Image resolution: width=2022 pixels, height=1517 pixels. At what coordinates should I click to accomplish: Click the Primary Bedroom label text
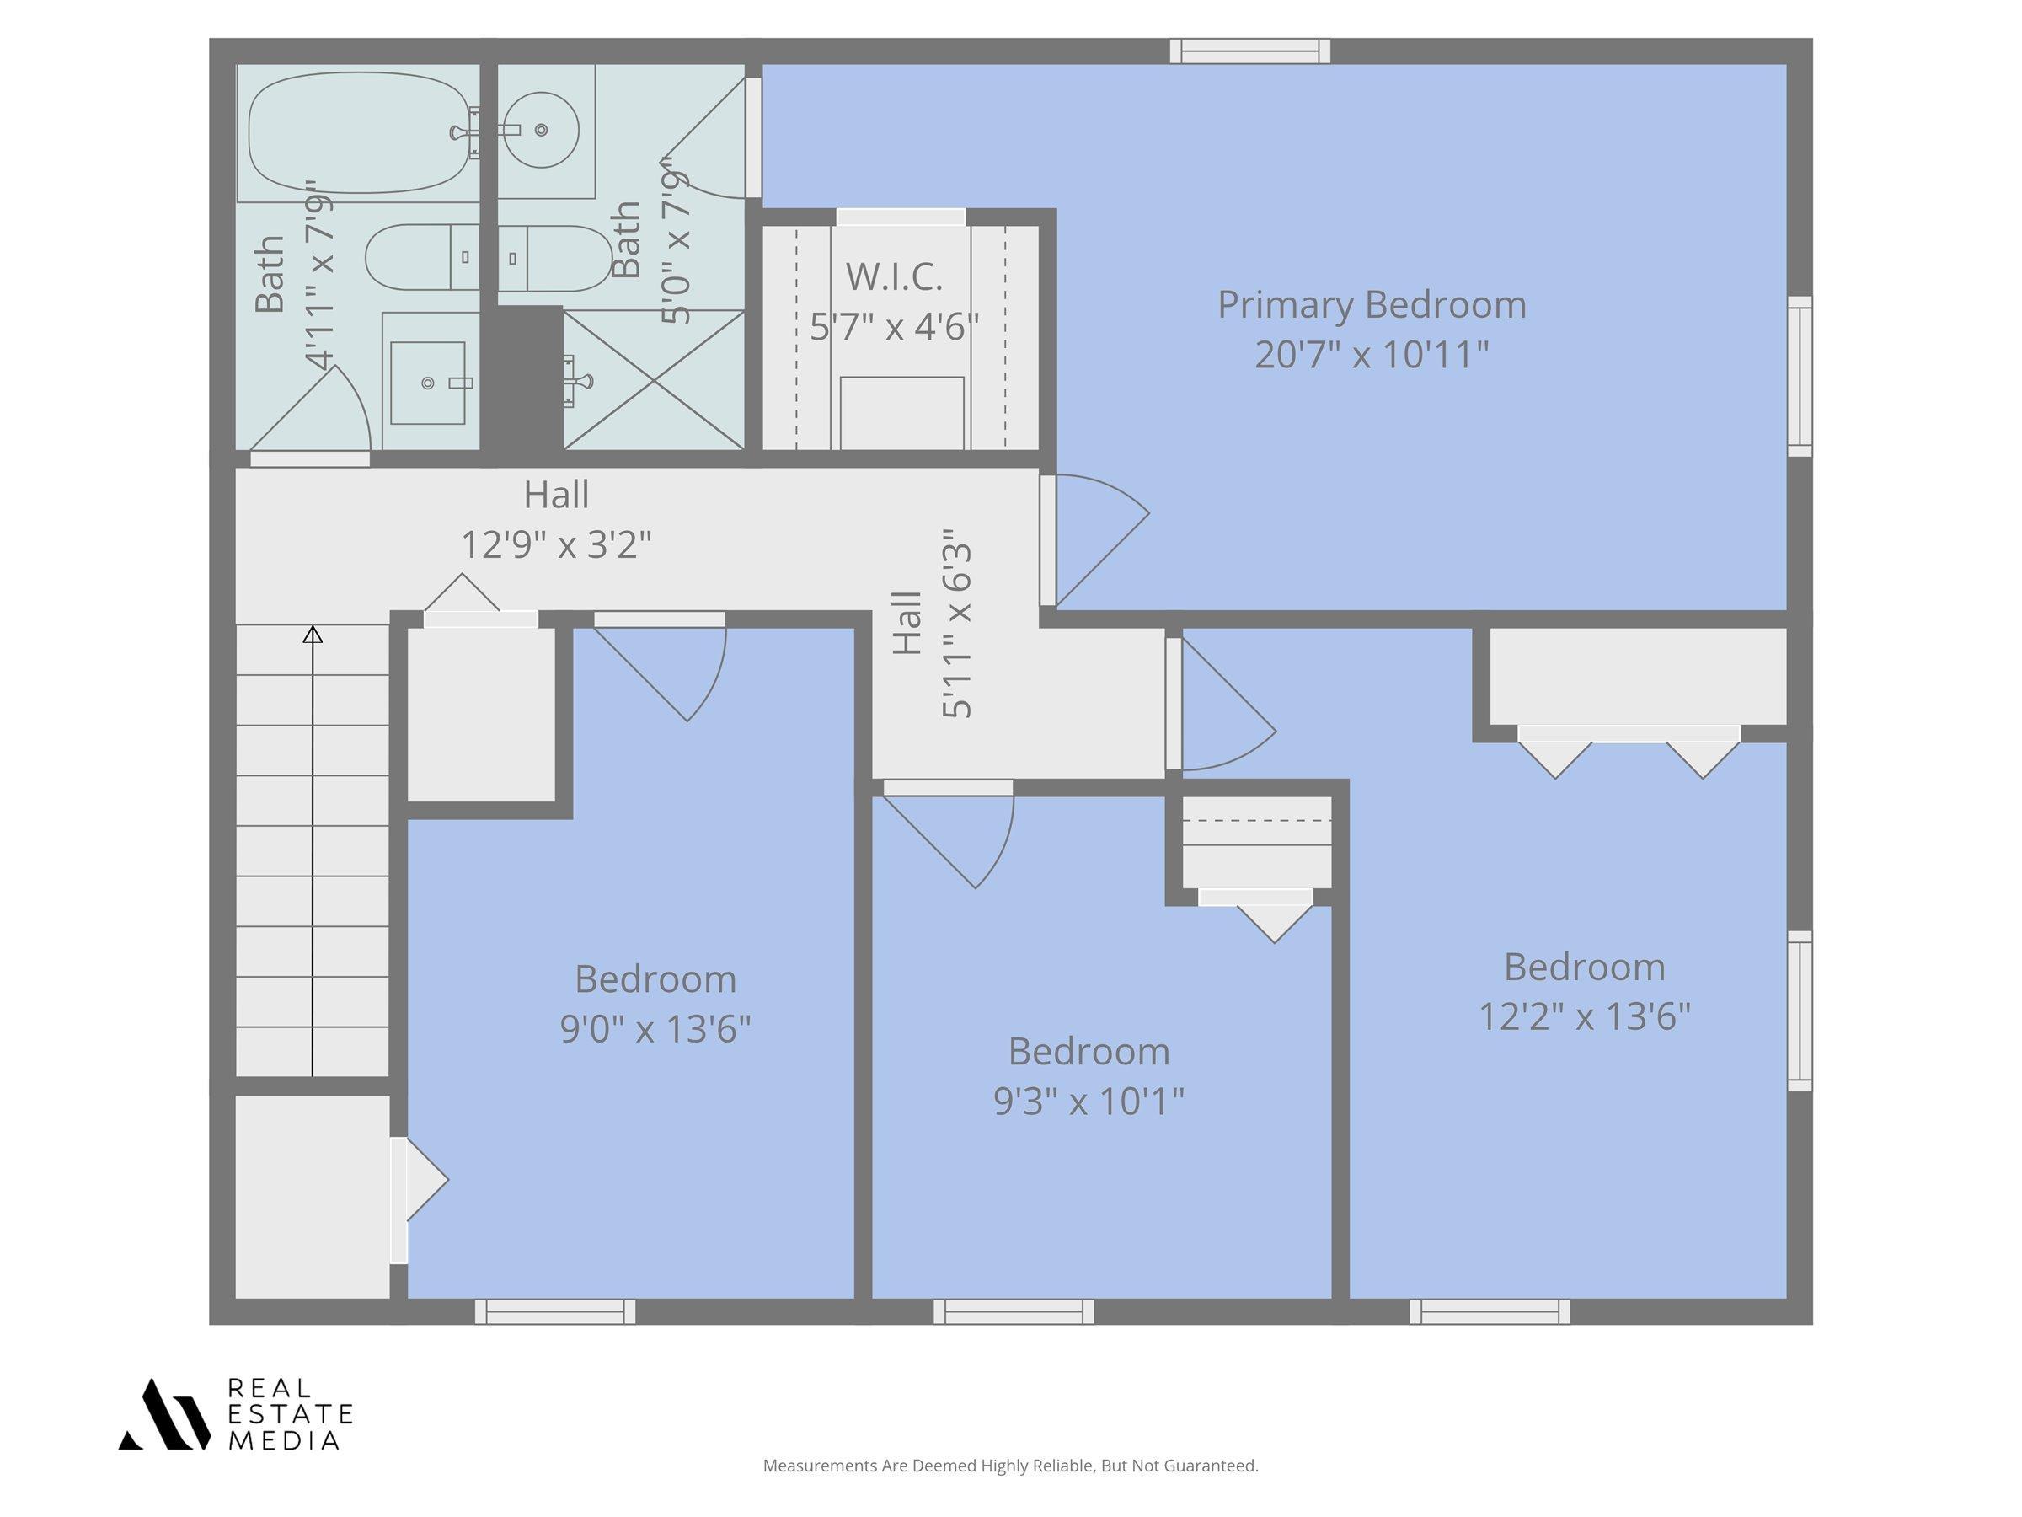coord(1371,304)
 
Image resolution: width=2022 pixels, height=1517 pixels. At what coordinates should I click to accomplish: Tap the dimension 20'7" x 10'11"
coord(1371,355)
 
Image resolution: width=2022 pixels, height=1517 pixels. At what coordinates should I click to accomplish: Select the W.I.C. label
coord(894,277)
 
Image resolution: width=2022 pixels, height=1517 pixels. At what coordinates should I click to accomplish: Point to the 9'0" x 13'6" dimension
coord(655,1030)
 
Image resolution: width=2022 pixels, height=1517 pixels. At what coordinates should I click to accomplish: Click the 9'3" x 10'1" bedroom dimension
coord(1089,1101)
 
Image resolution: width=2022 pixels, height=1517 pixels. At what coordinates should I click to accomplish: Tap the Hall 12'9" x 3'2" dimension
coord(556,545)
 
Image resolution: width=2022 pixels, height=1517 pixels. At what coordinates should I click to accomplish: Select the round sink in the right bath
coord(541,130)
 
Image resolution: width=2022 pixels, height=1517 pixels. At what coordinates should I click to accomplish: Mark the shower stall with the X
coord(654,379)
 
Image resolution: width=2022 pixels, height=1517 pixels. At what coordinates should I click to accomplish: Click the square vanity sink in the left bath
coord(428,383)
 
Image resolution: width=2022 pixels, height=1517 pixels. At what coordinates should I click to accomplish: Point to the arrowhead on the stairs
coord(313,634)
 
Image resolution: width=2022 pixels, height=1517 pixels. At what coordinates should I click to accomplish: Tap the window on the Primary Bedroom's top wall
coord(1249,51)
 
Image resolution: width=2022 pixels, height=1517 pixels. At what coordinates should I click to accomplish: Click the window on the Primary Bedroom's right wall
coord(1800,376)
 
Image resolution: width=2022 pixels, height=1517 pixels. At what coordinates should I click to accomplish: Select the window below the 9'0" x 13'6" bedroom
coord(555,1312)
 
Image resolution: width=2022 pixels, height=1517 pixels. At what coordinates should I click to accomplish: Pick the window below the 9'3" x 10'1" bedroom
coord(1014,1312)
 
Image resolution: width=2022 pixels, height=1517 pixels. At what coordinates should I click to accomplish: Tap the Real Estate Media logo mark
coord(163,1414)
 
